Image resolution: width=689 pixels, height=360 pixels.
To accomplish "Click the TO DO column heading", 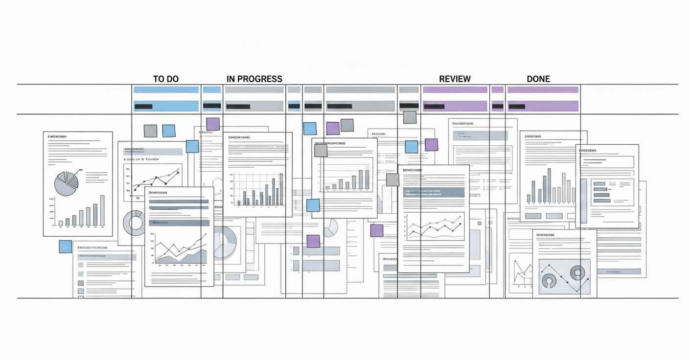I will coord(165,79).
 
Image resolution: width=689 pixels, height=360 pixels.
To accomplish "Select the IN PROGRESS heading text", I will coord(254,79).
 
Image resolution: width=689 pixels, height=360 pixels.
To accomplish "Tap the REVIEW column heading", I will coord(455,79).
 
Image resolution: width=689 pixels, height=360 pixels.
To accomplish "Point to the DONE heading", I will coord(538,79).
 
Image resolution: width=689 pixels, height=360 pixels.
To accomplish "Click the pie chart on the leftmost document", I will coord(66,184).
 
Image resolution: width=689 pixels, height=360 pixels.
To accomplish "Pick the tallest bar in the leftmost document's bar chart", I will coord(102,210).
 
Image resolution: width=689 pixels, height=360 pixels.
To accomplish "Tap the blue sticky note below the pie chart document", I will coord(65,247).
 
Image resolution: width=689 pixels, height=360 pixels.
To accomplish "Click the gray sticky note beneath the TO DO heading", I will coord(150,131).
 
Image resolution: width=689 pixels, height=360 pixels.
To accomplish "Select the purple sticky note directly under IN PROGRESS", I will coord(213,124).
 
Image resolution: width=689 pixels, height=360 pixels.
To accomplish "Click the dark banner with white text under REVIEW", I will coord(434,192).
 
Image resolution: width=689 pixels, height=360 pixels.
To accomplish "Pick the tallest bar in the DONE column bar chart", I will coord(549,185).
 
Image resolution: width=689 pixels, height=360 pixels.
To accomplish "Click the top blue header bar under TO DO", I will coord(166,90).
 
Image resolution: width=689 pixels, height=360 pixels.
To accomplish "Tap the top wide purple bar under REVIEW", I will coord(455,90).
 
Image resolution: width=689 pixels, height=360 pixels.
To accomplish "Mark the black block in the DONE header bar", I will coord(516,106).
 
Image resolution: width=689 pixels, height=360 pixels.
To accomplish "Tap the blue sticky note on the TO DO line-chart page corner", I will coord(192,146).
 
